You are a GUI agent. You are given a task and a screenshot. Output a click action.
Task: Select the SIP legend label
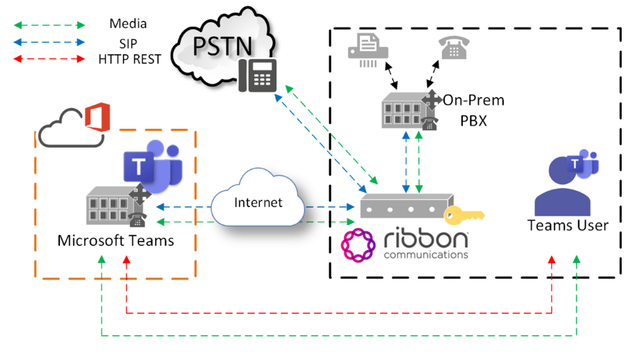pyautogui.click(x=128, y=42)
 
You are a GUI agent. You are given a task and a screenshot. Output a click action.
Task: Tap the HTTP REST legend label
pyautogui.click(x=129, y=59)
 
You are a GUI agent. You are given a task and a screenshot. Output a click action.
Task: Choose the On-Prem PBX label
pyautogui.click(x=472, y=109)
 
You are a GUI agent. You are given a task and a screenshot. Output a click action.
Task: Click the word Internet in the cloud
pyautogui.click(x=259, y=202)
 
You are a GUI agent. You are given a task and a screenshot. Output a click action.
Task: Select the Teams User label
pyautogui.click(x=568, y=226)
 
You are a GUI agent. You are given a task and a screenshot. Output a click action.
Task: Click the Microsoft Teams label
pyautogui.click(x=116, y=241)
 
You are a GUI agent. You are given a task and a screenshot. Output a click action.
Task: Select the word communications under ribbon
pyautogui.click(x=426, y=254)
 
